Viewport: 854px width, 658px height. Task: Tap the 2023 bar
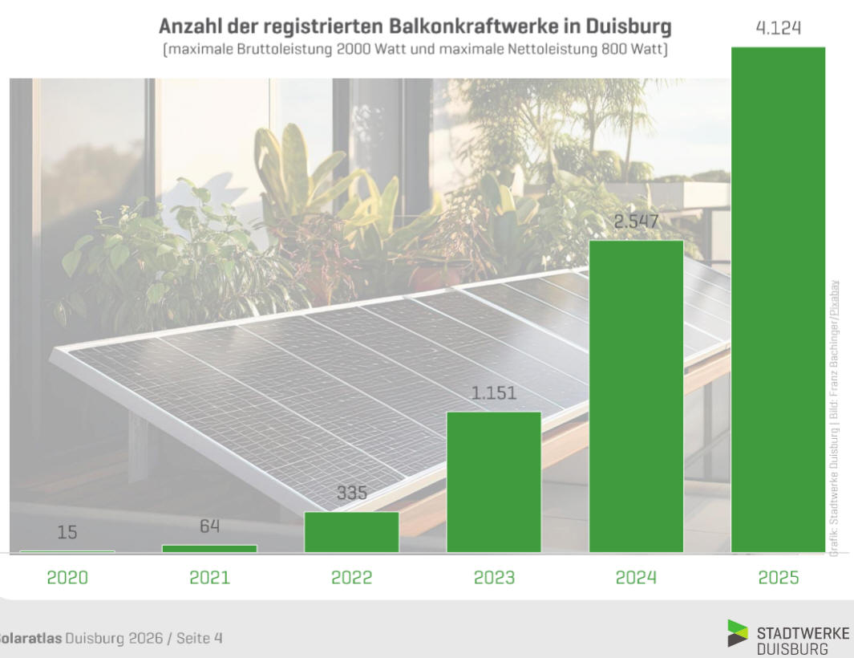click(494, 481)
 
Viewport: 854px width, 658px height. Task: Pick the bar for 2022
click(351, 531)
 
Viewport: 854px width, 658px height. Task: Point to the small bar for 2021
click(209, 548)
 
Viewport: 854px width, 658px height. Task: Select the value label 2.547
click(636, 221)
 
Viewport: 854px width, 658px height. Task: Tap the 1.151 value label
click(494, 393)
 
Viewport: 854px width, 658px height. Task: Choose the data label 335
click(351, 493)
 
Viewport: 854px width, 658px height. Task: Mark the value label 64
click(209, 526)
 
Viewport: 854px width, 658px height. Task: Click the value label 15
click(67, 532)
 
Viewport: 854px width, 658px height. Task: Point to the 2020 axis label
click(67, 577)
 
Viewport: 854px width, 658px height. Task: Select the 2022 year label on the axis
click(351, 577)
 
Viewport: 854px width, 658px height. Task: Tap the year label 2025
click(778, 577)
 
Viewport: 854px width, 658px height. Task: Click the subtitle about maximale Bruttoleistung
click(415, 50)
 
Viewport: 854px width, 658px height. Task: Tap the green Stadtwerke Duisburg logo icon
click(737, 633)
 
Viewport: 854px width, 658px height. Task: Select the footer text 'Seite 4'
click(199, 638)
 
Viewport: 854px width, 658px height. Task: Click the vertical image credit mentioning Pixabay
click(834, 417)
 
